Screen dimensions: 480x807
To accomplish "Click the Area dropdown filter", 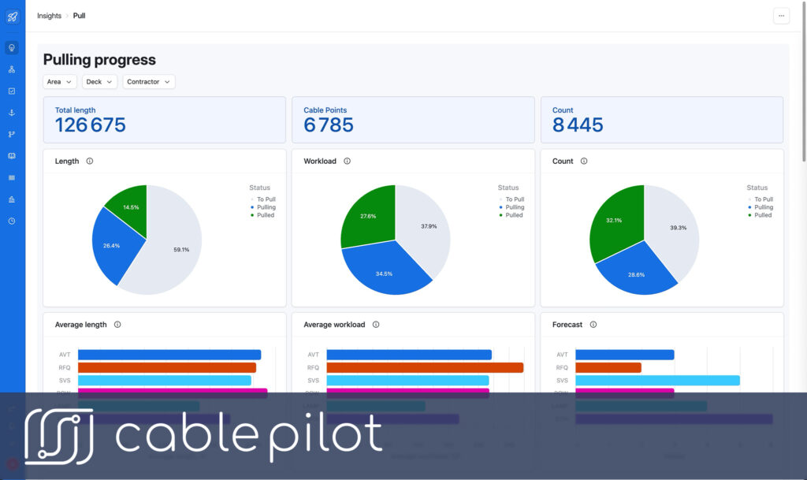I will tap(60, 82).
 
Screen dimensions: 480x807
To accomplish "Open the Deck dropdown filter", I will tap(99, 82).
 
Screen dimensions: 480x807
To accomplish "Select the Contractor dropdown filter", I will tap(148, 82).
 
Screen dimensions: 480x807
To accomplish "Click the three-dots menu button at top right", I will tap(781, 16).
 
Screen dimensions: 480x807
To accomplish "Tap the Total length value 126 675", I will tap(90, 125).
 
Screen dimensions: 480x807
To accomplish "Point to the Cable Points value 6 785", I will tap(329, 125).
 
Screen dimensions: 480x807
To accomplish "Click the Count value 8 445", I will tap(578, 125).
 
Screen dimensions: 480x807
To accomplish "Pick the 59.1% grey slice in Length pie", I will tap(177, 249).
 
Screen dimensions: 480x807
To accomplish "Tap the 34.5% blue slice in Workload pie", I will tap(384, 273).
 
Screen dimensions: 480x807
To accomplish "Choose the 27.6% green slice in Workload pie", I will tap(366, 218).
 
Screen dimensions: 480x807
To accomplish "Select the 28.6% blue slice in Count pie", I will tap(635, 273).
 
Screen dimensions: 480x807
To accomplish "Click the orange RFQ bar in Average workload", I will tap(424, 367).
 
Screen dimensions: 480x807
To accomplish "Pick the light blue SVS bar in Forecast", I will tap(657, 380).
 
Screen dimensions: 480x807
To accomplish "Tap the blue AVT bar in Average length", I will tap(169, 355).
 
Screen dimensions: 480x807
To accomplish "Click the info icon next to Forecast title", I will tap(593, 325).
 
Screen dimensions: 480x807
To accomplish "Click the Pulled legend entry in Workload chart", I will tap(514, 215).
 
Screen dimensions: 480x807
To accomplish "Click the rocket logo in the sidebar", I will tap(12, 17).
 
